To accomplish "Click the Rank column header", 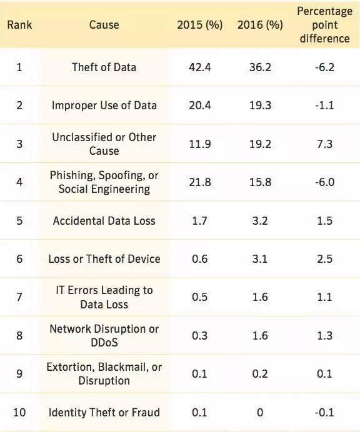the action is (x=19, y=25).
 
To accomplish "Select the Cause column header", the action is (x=104, y=25).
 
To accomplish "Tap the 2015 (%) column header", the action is (x=200, y=25).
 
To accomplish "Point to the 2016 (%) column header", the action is (x=260, y=25).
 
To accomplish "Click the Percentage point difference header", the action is (x=325, y=25).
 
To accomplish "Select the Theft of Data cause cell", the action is (x=104, y=67).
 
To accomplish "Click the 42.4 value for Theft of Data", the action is (x=200, y=67).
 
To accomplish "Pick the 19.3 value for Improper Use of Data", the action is (x=260, y=106).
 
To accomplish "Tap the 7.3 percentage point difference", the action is (x=325, y=144).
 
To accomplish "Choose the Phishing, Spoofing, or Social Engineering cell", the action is (x=104, y=182).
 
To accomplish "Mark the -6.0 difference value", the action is (x=325, y=182).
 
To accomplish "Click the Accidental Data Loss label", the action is (x=104, y=221).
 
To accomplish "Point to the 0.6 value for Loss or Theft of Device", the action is (x=200, y=259).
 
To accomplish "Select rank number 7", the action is (x=19, y=297).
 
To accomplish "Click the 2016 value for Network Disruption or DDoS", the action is (x=260, y=336).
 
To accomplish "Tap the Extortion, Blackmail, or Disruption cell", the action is (x=104, y=374).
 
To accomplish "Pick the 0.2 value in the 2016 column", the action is (x=260, y=374).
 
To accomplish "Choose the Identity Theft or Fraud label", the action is (x=104, y=413).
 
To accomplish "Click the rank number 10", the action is (x=19, y=413).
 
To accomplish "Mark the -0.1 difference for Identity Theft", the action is (x=325, y=413).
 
